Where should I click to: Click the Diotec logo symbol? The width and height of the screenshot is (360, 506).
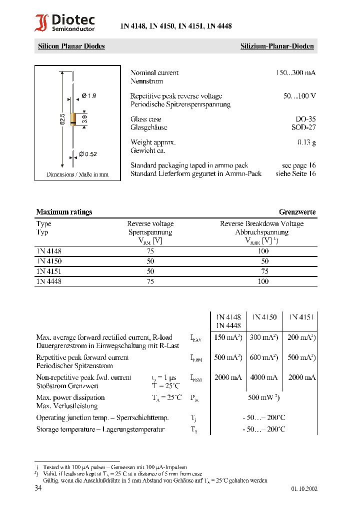click(x=41, y=23)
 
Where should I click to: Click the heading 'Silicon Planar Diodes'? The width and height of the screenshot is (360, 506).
click(x=71, y=46)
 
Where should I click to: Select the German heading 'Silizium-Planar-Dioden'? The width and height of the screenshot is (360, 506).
click(x=277, y=46)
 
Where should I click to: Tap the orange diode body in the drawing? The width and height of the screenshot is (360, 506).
click(x=73, y=119)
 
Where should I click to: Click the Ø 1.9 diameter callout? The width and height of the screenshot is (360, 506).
click(x=88, y=95)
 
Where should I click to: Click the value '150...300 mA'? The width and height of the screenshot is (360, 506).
click(x=296, y=73)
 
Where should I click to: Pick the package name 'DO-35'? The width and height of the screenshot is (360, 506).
click(x=305, y=119)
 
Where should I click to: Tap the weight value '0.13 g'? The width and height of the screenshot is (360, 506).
click(x=306, y=142)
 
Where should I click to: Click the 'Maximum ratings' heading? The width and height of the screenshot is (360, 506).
click(x=64, y=212)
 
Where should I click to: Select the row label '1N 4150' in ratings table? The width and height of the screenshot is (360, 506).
click(x=49, y=261)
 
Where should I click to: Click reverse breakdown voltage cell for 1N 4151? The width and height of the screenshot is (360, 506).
click(x=264, y=271)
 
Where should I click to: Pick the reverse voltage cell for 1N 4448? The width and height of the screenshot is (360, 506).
click(x=150, y=281)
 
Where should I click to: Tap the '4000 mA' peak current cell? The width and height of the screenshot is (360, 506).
click(x=264, y=377)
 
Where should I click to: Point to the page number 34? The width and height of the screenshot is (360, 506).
click(x=38, y=488)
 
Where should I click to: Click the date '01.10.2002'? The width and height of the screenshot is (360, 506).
click(x=304, y=489)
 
